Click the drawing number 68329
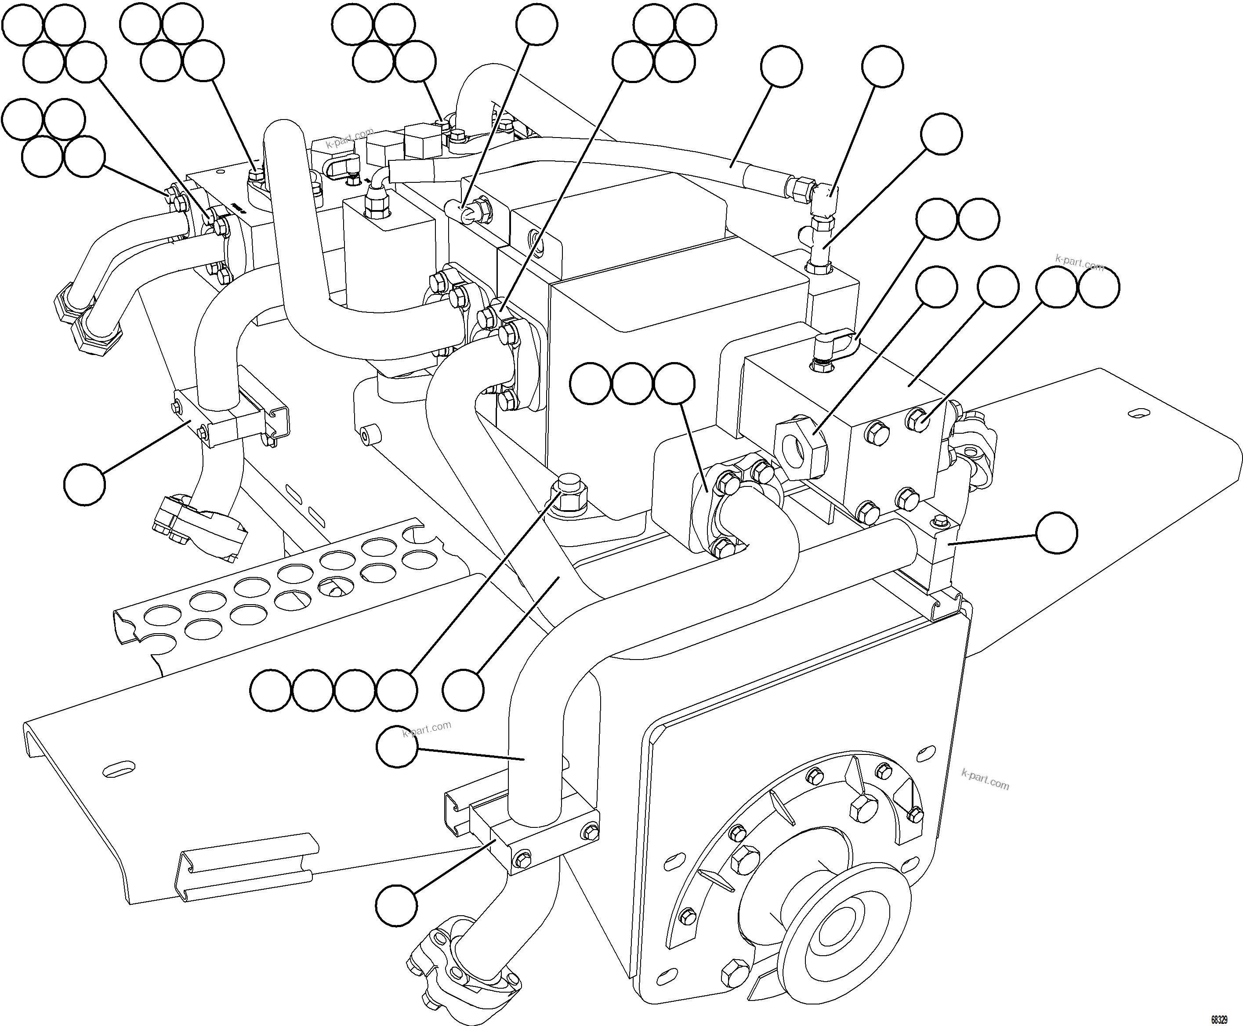tap(1219, 1019)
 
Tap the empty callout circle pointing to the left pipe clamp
tap(84, 484)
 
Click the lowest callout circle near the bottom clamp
tap(397, 905)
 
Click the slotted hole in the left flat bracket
tap(118, 769)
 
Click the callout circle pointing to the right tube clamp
tap(1056, 533)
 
